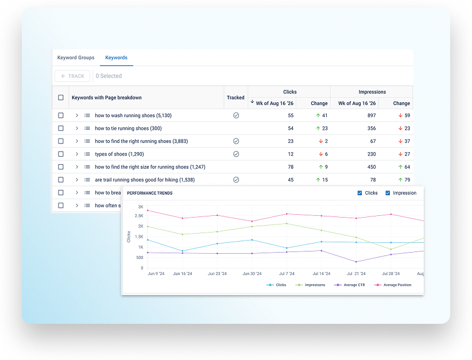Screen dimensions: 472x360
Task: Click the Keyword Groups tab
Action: click(x=76, y=57)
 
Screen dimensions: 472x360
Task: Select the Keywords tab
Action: click(x=116, y=57)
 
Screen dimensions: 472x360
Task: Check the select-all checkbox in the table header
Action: click(x=61, y=98)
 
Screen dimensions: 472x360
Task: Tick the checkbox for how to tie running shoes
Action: click(x=61, y=128)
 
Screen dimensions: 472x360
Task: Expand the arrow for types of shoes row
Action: click(x=77, y=154)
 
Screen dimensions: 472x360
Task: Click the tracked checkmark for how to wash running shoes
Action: click(x=236, y=115)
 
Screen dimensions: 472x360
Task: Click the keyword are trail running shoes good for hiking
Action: click(x=145, y=180)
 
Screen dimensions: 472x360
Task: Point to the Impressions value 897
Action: click(x=372, y=115)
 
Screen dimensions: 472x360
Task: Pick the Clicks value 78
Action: click(x=291, y=167)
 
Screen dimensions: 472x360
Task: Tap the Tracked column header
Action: click(x=235, y=98)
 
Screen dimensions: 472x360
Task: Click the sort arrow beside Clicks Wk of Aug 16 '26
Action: click(x=252, y=102)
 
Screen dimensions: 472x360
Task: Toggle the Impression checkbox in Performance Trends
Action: click(x=388, y=193)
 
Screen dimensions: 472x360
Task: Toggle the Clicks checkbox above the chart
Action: click(x=359, y=193)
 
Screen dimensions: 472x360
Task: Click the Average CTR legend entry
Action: click(x=350, y=285)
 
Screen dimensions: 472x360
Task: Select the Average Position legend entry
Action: click(x=393, y=285)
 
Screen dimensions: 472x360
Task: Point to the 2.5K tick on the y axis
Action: click(x=139, y=216)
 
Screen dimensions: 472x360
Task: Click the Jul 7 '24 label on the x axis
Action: click(x=287, y=274)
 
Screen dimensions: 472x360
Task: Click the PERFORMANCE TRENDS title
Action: click(x=150, y=193)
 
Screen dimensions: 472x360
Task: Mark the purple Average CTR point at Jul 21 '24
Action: click(x=356, y=262)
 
